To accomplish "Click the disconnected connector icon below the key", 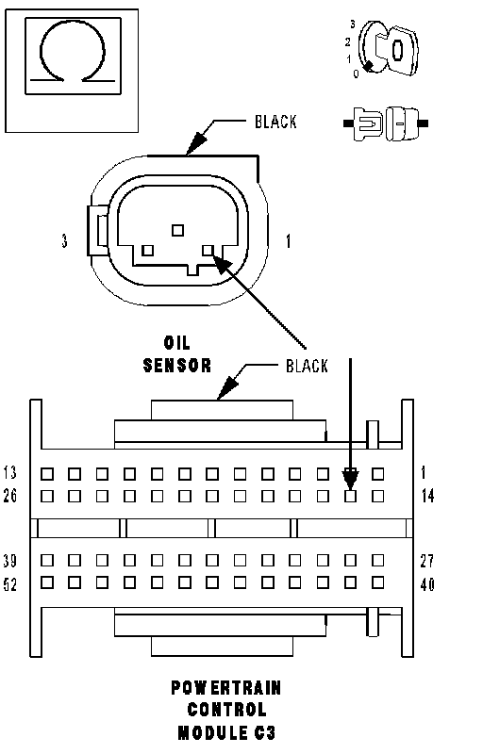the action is (x=386, y=123).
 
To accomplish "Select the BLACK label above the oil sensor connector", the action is (x=275, y=122).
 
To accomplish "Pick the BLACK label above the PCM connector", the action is (x=307, y=366).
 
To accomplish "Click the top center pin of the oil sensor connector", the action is (x=178, y=230).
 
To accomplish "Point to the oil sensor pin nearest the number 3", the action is (x=148, y=250).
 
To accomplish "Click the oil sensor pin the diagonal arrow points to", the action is (x=208, y=250).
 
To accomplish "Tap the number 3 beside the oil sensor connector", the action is (x=64, y=240).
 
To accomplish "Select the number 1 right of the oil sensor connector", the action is (x=288, y=240).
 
